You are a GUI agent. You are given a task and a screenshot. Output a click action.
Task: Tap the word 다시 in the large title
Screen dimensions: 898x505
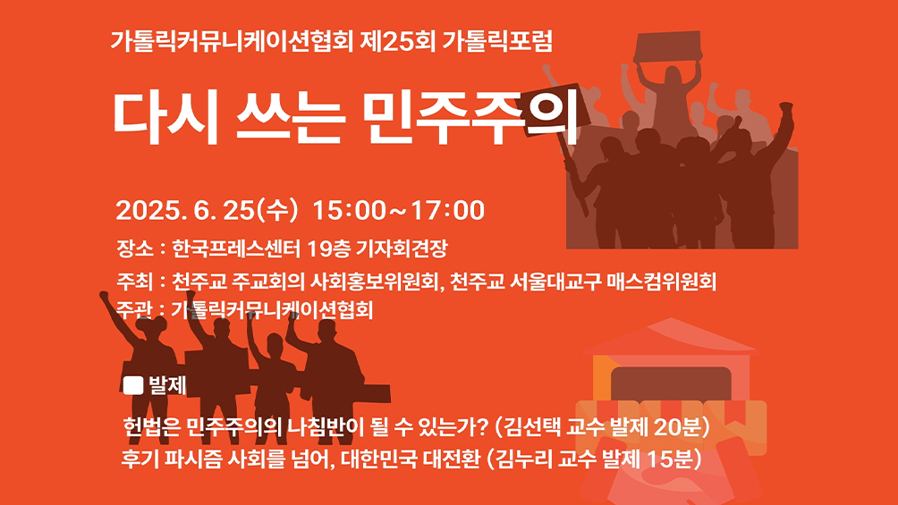click(165, 117)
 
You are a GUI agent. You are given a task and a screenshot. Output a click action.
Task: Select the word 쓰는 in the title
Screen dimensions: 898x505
click(290, 118)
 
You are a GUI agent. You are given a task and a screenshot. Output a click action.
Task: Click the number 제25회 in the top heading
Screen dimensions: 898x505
click(398, 40)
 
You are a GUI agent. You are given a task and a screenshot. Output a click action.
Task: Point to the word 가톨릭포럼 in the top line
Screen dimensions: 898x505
click(497, 40)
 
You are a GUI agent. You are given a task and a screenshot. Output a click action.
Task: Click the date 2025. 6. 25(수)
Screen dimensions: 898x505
click(207, 210)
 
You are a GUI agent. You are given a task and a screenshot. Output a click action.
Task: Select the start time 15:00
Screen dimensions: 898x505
click(350, 210)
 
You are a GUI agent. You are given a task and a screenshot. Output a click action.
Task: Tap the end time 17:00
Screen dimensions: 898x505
click(447, 210)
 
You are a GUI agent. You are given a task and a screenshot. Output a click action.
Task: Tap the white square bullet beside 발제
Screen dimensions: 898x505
click(133, 385)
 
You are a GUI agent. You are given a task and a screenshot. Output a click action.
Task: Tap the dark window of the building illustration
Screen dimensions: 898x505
click(671, 383)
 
